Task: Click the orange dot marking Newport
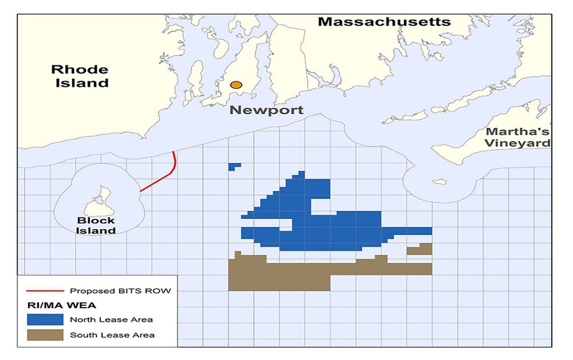pyautogui.click(x=236, y=85)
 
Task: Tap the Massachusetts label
pyautogui.click(x=383, y=22)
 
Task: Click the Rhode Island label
pyautogui.click(x=79, y=76)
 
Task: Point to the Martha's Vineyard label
pyautogui.click(x=517, y=137)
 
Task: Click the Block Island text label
pyautogui.click(x=96, y=225)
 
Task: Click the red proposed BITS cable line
pyautogui.click(x=159, y=180)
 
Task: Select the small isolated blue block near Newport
pyautogui.click(x=234, y=166)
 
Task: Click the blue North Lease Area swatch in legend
pyautogui.click(x=43, y=319)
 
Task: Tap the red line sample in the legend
pyautogui.click(x=43, y=291)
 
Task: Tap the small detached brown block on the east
pyautogui.click(x=420, y=249)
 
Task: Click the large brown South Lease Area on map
pyautogui.click(x=279, y=276)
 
